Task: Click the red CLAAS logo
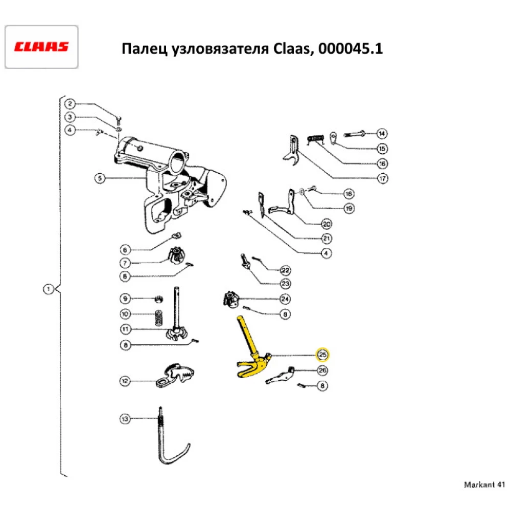pyautogui.click(x=41, y=47)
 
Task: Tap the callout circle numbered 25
pyautogui.click(x=322, y=354)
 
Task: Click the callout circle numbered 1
pyautogui.click(x=48, y=290)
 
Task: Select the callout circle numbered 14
pyautogui.click(x=382, y=133)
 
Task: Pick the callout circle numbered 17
pyautogui.click(x=382, y=178)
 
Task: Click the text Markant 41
pyautogui.click(x=484, y=484)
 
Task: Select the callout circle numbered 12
pyautogui.click(x=125, y=380)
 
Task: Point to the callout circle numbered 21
pyautogui.click(x=327, y=238)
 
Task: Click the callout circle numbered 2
pyautogui.click(x=72, y=104)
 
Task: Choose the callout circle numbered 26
pyautogui.click(x=322, y=370)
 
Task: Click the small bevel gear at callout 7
pyautogui.click(x=177, y=255)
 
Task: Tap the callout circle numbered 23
pyautogui.click(x=285, y=283)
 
